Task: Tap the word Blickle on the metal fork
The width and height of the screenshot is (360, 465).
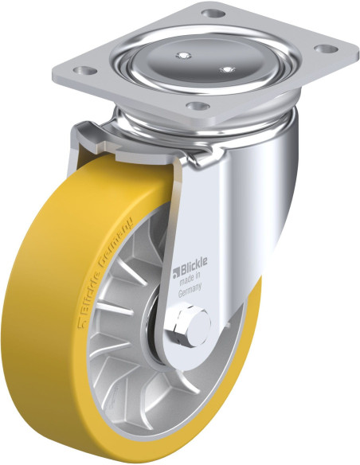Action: pyautogui.click(x=194, y=263)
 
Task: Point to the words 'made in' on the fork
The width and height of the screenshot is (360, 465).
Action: pyautogui.click(x=190, y=279)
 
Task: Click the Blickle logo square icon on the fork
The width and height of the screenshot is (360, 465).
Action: pyautogui.click(x=177, y=272)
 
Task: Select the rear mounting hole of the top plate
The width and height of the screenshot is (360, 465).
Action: pyautogui.click(x=213, y=14)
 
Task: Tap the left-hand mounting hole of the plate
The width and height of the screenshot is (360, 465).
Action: pyautogui.click(x=85, y=71)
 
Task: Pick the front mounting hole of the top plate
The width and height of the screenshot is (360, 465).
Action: pyautogui.click(x=198, y=106)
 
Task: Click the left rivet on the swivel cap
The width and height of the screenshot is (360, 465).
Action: pyautogui.click(x=184, y=55)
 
